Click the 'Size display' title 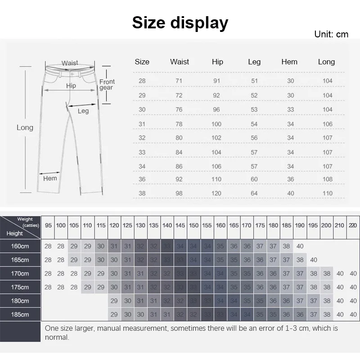pyautogui.click(x=180, y=22)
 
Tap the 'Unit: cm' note pyautogui.click(x=331, y=35)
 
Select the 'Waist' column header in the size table pyautogui.click(x=180, y=62)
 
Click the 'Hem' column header pyautogui.click(x=289, y=62)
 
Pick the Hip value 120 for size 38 pyautogui.click(x=216, y=193)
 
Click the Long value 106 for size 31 pyautogui.click(x=327, y=124)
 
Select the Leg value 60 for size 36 pyautogui.click(x=254, y=179)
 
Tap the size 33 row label pyautogui.click(x=142, y=153)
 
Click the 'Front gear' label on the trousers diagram pyautogui.click(x=107, y=85)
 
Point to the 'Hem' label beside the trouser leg pyautogui.click(x=50, y=178)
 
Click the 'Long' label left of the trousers pyautogui.click(x=25, y=127)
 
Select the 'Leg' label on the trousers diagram pyautogui.click(x=83, y=111)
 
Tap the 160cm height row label pyautogui.click(x=20, y=246)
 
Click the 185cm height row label pyautogui.click(x=20, y=314)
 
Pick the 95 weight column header pyautogui.click(x=48, y=225)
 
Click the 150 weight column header pyautogui.click(x=193, y=225)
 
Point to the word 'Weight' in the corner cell pyautogui.click(x=25, y=219)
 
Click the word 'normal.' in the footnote pyautogui.click(x=57, y=337)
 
